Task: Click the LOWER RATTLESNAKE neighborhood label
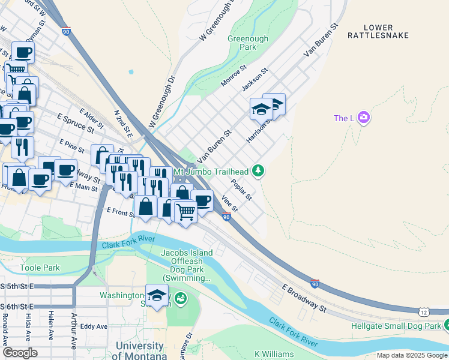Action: [378, 31]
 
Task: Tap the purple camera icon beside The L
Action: [363, 118]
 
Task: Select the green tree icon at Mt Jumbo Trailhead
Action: [258, 172]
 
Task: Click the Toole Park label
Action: [40, 268]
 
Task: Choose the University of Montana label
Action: [139, 350]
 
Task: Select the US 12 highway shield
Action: [424, 311]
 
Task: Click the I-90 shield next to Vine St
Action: [226, 217]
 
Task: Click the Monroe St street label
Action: [234, 76]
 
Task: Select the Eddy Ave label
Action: [93, 326]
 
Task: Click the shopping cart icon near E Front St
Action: [185, 211]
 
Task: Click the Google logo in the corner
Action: [20, 352]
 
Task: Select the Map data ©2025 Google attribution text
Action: [411, 355]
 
